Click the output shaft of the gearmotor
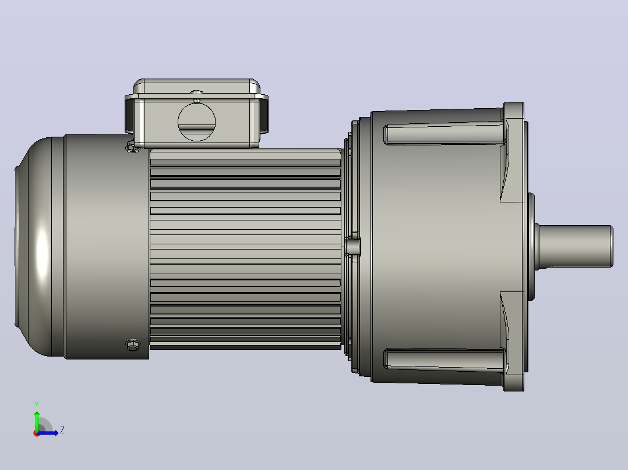tap(575, 246)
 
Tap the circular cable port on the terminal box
tap(196, 122)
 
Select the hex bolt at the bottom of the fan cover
tap(133, 345)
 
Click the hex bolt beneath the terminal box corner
tap(133, 147)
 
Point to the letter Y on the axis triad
tap(37, 404)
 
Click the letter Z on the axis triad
tap(62, 430)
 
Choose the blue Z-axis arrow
tap(48, 433)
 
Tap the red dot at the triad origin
tap(37, 433)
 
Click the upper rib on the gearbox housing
tap(444, 134)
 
